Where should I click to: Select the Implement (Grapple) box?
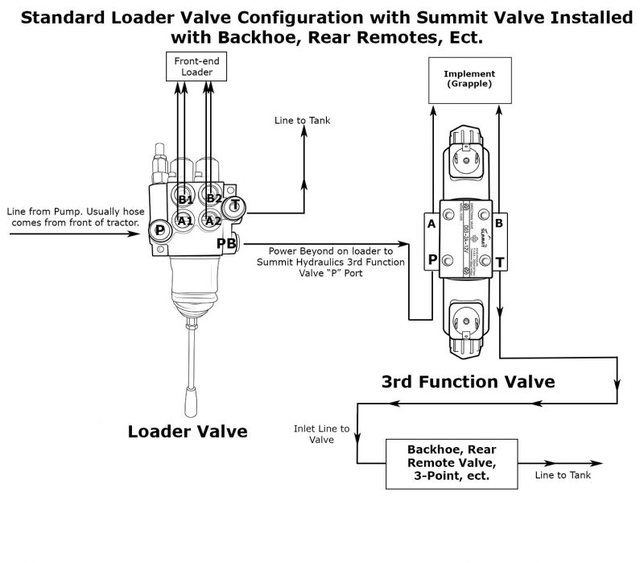click(x=469, y=78)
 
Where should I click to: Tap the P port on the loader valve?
click(x=160, y=230)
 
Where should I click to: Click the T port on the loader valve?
click(x=236, y=205)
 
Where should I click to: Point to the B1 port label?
click(x=185, y=199)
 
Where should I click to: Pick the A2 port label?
click(x=213, y=221)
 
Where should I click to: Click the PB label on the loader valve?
click(x=226, y=242)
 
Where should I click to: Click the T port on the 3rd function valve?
click(x=499, y=263)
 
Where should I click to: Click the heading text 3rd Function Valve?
click(x=468, y=380)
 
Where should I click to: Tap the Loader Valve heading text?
click(x=188, y=431)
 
